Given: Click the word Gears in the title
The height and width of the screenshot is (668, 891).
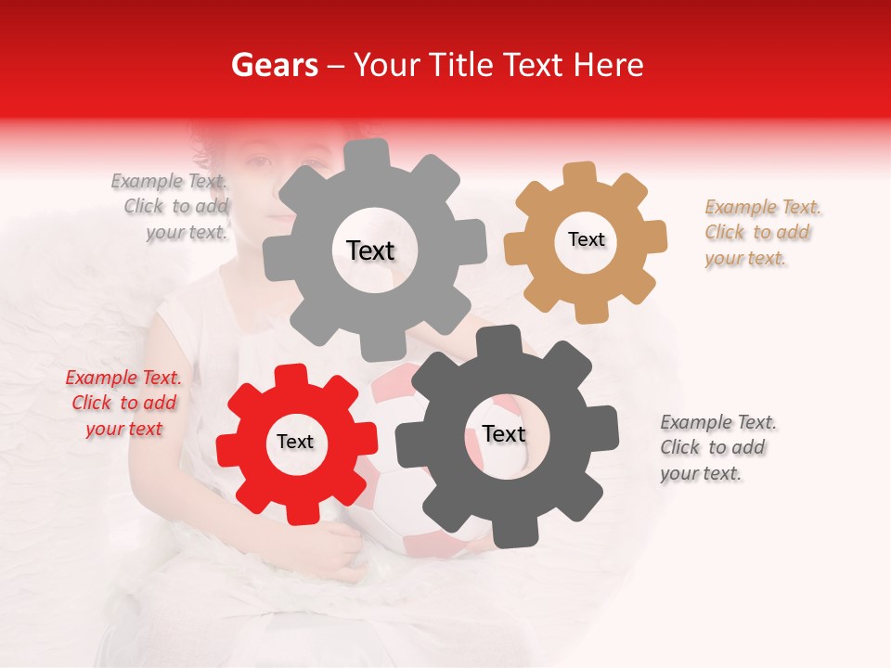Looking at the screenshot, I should click(x=273, y=65).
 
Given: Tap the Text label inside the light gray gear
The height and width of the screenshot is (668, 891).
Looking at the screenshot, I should click(x=370, y=250).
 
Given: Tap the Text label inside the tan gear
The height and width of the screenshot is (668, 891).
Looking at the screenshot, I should click(x=586, y=239).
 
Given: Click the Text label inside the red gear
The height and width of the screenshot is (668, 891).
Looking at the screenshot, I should click(x=295, y=443).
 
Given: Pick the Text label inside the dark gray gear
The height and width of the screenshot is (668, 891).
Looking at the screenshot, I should click(x=503, y=434).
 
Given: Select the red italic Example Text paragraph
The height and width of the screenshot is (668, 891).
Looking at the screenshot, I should click(x=123, y=404).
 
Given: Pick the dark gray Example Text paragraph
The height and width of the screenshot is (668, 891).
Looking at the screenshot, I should click(x=717, y=448).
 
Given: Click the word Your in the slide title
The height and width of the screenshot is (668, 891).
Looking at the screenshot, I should click(x=382, y=65).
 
